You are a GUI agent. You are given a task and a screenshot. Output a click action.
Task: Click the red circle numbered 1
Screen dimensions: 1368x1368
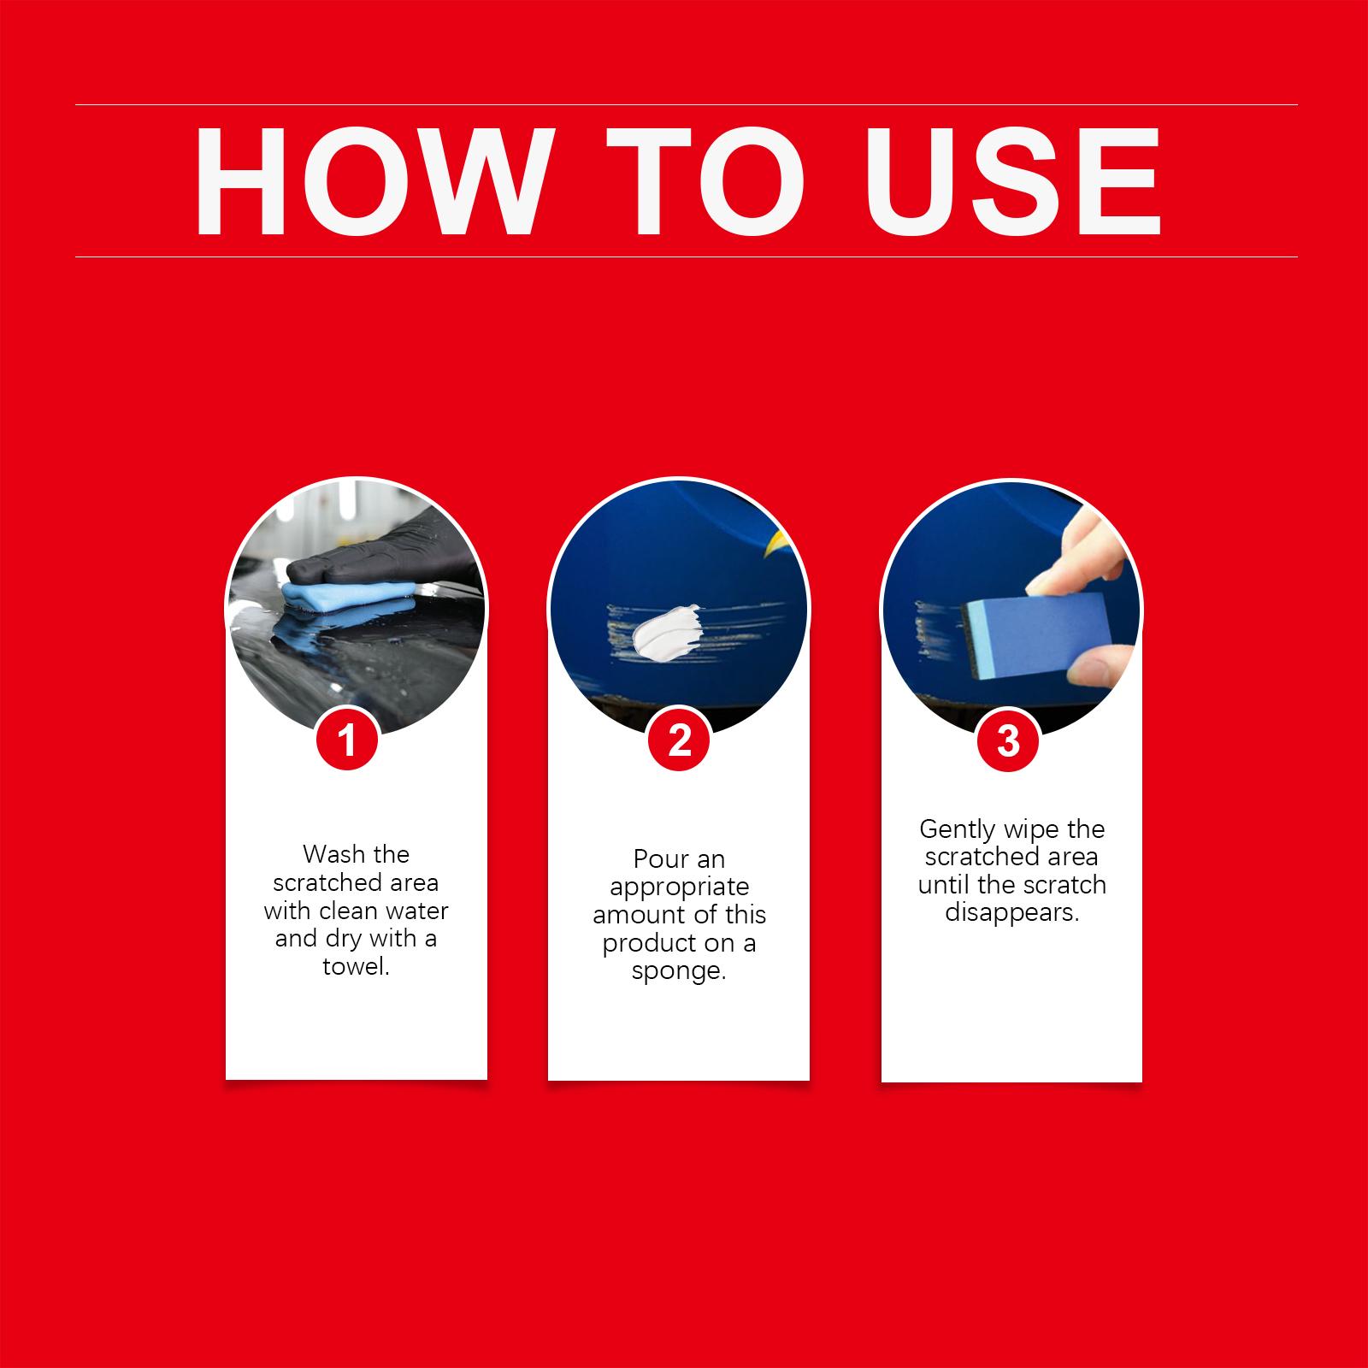(347, 739)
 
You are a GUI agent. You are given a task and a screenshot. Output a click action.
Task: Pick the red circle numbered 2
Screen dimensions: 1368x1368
(679, 739)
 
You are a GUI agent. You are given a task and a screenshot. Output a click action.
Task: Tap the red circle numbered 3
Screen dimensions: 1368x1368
(1009, 740)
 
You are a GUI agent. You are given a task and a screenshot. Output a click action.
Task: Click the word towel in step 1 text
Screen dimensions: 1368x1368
(355, 967)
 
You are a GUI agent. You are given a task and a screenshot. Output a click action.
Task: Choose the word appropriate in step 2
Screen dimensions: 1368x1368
(679, 887)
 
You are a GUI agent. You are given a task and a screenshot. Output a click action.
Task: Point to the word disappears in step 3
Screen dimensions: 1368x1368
(1011, 913)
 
